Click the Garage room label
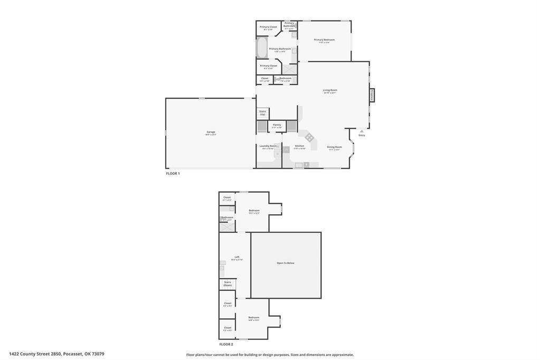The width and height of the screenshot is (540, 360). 211,132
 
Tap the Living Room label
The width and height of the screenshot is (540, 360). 330,90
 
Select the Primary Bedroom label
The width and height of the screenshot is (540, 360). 324,40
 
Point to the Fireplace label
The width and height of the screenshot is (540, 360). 372,95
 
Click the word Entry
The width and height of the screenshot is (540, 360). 362,135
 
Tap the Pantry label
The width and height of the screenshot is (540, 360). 277,125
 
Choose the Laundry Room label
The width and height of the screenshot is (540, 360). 268,146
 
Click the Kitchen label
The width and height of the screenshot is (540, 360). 299,146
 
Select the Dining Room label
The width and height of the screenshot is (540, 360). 334,147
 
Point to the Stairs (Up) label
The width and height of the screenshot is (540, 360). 262,112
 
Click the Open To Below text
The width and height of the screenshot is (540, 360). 286,263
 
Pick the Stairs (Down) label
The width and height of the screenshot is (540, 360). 228,283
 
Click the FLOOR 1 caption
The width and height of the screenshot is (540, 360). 173,173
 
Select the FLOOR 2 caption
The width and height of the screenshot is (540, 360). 226,344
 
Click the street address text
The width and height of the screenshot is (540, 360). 56,354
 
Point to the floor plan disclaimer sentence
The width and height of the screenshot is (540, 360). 270,355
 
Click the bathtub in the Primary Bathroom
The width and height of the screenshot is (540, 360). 262,48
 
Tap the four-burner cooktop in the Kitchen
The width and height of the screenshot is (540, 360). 309,137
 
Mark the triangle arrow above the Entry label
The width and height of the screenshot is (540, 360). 362,131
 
